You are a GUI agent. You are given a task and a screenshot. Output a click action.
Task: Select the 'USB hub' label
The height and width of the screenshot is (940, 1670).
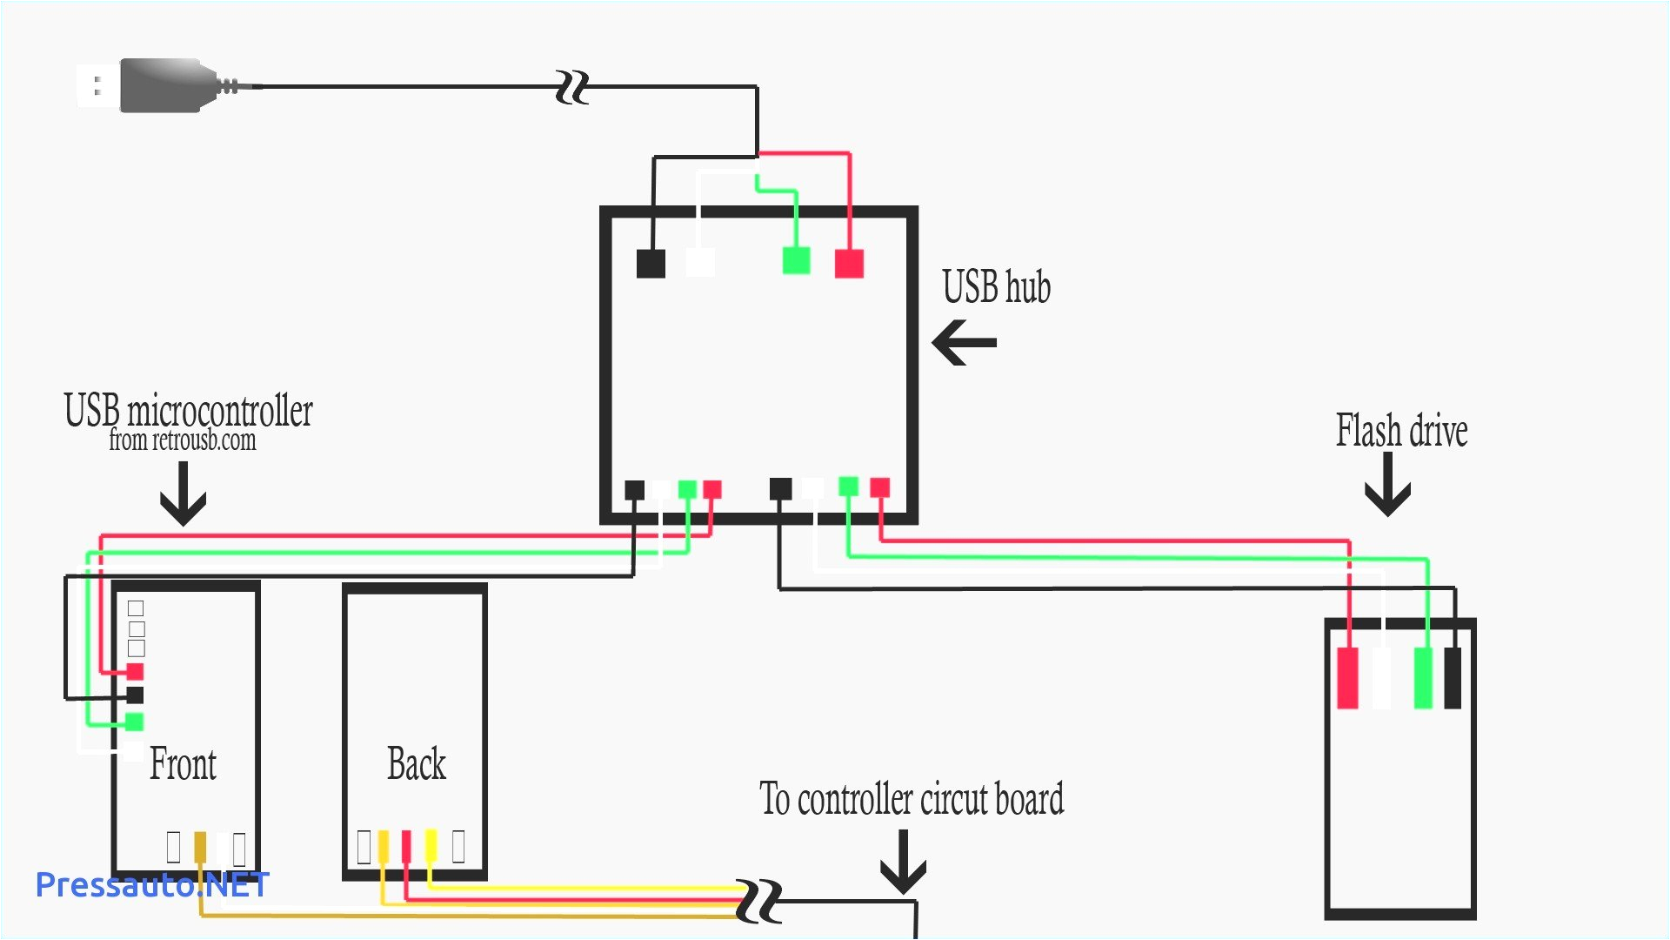pos(996,287)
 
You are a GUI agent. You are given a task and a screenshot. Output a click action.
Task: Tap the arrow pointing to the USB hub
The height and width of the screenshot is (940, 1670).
pos(964,342)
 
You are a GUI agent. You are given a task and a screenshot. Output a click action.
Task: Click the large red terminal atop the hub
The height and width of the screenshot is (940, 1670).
pos(849,263)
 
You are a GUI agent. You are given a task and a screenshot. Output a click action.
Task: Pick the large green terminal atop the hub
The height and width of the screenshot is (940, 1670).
pos(796,260)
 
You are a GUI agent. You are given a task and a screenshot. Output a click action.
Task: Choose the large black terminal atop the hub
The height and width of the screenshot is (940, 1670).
pos(651,263)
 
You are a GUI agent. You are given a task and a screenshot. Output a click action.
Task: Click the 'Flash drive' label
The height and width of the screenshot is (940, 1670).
pos(1401,431)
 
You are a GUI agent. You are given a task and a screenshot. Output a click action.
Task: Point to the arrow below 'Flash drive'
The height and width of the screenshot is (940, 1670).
pos(1387,485)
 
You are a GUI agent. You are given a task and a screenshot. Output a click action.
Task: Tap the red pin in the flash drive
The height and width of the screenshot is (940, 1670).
pos(1347,678)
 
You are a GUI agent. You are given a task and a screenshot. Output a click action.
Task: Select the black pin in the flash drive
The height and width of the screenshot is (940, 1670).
pos(1453,678)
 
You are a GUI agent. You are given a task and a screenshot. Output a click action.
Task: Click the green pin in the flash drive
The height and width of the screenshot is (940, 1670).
pos(1423,678)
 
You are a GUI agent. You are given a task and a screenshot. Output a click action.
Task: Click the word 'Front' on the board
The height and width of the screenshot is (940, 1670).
pos(183,764)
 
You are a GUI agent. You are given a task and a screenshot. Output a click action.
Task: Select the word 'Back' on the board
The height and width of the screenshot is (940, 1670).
pos(417,764)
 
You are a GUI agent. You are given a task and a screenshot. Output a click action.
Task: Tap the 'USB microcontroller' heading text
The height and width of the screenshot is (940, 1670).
pos(188,410)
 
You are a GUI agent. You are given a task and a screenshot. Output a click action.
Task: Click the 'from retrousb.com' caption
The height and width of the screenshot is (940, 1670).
pos(183,440)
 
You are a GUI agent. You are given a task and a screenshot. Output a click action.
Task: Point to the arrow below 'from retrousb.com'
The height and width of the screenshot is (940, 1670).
pos(183,493)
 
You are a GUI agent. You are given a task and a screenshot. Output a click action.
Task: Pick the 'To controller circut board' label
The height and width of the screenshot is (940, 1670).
pos(912,799)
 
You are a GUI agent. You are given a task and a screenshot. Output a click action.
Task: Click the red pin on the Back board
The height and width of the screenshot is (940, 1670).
pos(406,846)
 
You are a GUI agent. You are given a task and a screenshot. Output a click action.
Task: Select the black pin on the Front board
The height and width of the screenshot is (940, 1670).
pos(135,695)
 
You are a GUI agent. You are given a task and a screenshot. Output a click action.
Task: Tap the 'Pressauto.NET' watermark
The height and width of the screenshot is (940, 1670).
pos(152,885)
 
